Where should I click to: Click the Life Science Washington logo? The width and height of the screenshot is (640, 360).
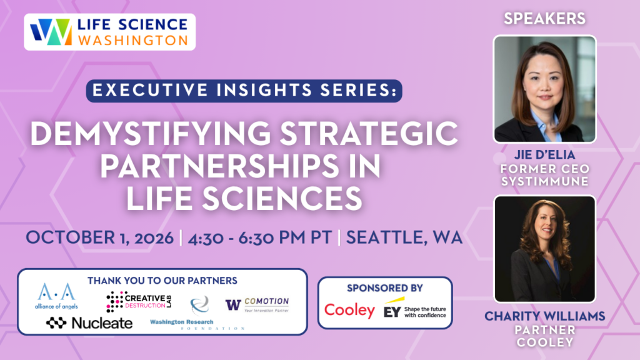pos(109,32)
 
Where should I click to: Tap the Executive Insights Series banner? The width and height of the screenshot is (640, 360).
pos(244,91)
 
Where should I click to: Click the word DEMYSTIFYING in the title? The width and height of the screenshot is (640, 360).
pos(150,134)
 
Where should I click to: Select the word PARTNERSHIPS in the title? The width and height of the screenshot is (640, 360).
pos(219,166)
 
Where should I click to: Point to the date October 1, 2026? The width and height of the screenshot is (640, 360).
pos(99,237)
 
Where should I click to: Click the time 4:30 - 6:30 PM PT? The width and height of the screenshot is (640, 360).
pos(259,237)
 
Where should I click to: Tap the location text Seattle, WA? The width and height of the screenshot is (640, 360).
pos(404,237)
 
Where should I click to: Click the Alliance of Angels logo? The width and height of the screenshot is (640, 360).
pos(56,296)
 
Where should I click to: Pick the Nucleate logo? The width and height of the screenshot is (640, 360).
pos(89,323)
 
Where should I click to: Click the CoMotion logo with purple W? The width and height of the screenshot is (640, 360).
pos(257,304)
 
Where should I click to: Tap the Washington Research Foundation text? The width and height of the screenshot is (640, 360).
pos(197,324)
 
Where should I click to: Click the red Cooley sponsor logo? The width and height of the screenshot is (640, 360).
pos(349,311)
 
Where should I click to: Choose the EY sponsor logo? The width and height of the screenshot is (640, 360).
pos(415,309)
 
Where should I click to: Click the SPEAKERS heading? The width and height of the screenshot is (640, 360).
pos(544,19)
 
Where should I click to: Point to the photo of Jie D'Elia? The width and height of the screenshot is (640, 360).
pos(544,89)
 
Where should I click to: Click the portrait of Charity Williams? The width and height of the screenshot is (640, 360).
pos(544,249)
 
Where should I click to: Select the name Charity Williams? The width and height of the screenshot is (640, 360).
pos(544,316)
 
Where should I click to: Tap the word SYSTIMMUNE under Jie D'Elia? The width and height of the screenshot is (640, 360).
pos(544,181)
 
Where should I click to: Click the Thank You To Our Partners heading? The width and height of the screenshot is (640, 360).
pos(162,281)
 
